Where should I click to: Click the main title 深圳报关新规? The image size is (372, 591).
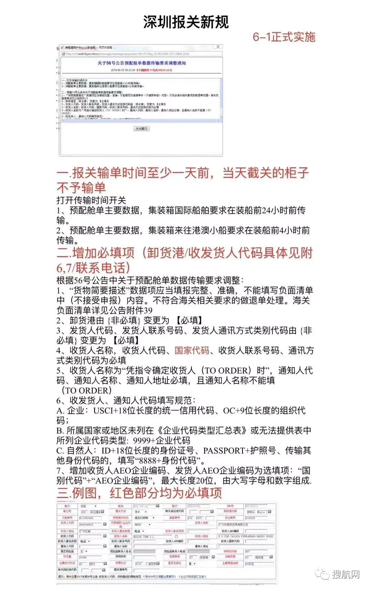(x=186, y=22)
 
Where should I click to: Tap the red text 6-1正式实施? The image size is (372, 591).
(x=284, y=37)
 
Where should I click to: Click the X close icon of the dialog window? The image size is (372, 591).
(x=218, y=47)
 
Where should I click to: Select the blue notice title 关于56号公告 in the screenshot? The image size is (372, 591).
(x=142, y=63)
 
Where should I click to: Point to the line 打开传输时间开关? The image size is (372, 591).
(x=91, y=200)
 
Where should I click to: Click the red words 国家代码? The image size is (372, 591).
(x=192, y=350)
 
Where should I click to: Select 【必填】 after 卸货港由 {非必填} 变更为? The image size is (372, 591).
(x=189, y=320)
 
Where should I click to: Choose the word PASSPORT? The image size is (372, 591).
(x=224, y=450)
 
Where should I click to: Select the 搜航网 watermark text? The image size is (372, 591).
(x=346, y=574)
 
